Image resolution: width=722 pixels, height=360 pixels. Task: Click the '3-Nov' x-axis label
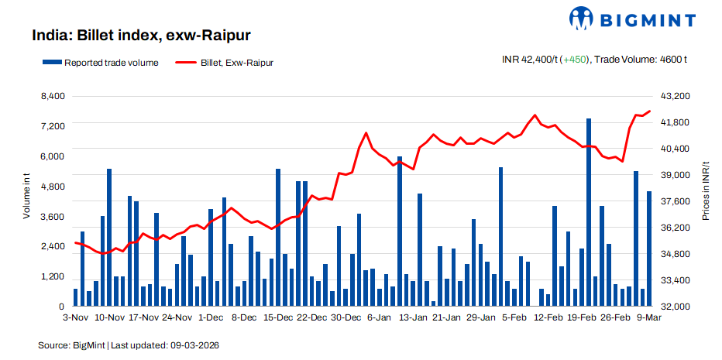75,317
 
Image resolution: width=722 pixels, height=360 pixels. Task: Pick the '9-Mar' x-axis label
649,317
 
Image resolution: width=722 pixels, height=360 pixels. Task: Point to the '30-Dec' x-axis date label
346,317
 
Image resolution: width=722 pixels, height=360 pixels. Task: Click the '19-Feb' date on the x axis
582,317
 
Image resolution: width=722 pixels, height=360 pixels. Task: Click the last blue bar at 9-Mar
649,249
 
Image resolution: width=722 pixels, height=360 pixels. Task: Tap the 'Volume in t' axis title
26,198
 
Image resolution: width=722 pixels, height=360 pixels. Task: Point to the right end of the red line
649,111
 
